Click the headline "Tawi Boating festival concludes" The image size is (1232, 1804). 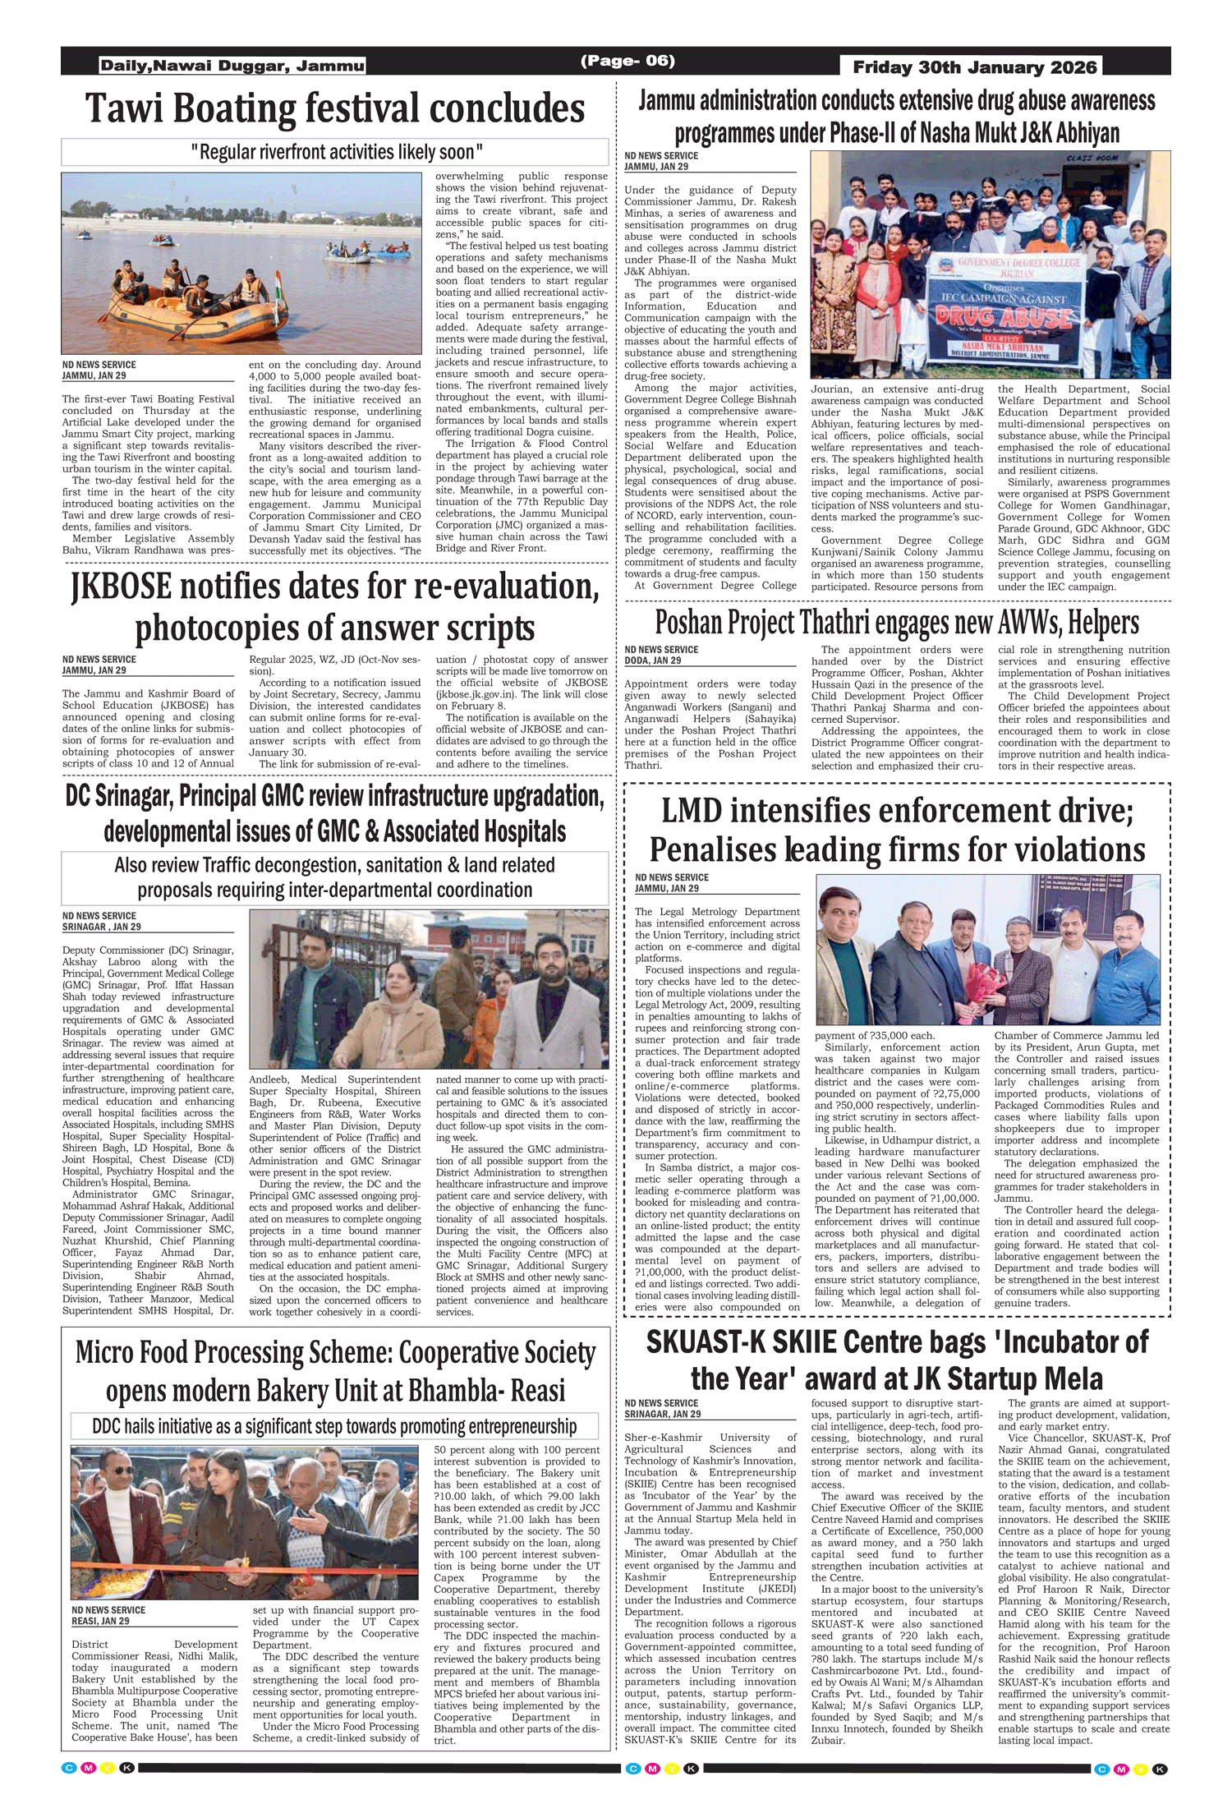coord(335,109)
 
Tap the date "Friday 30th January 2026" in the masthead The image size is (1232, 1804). coord(974,67)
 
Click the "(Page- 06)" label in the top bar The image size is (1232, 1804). coord(627,60)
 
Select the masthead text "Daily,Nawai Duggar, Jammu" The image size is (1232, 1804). coord(232,66)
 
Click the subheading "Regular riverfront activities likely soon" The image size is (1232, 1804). coord(336,152)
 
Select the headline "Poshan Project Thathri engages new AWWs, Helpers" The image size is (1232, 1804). coord(897,623)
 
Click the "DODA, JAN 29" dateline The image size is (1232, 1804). coord(652,660)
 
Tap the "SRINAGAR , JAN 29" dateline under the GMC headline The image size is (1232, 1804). coord(102,927)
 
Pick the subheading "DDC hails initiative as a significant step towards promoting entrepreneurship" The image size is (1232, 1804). coord(334,1426)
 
